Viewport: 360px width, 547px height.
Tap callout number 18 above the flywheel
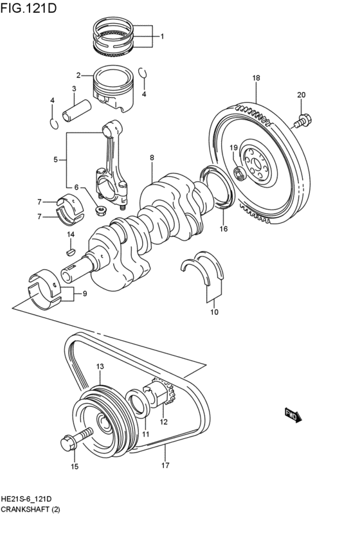point(256,78)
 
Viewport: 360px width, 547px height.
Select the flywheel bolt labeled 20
point(303,120)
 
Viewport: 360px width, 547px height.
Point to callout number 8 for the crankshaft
point(152,157)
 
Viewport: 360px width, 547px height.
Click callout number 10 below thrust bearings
point(214,312)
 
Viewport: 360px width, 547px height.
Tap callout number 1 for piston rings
point(162,36)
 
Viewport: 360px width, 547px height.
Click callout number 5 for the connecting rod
point(56,159)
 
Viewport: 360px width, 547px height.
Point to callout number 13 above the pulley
point(100,366)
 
